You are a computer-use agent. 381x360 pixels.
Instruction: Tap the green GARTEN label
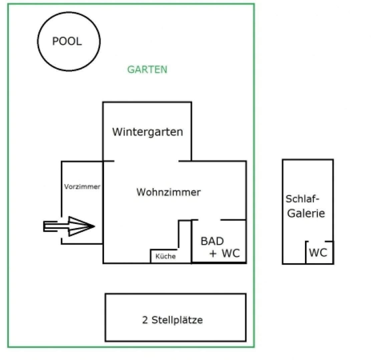147,70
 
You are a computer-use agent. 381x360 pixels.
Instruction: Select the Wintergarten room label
147,132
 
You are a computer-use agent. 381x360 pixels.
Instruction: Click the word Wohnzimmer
168,192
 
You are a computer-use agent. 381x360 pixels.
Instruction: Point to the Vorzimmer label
82,187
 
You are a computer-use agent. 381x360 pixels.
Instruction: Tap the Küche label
165,256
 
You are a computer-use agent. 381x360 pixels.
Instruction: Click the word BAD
212,241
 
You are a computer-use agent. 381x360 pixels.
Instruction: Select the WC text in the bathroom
231,253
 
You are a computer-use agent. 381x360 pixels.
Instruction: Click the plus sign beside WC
213,254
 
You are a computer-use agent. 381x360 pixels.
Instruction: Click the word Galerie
306,213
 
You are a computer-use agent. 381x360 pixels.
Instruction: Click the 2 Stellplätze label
172,320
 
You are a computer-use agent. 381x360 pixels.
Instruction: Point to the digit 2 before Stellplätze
145,320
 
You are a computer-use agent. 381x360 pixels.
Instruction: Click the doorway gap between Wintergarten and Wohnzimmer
146,161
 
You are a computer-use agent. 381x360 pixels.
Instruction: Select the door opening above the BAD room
210,220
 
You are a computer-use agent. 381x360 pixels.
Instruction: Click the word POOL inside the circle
67,41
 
